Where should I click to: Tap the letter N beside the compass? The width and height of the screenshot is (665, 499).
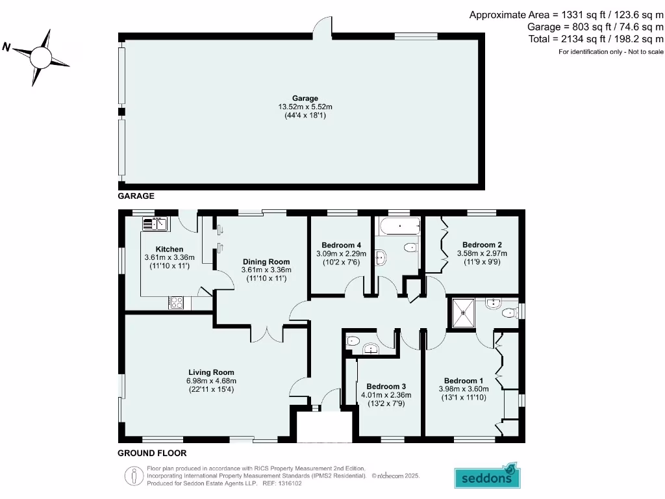[6, 46]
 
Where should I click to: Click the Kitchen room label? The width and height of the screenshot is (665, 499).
[169, 249]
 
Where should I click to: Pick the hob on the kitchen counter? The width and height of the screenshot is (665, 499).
[177, 302]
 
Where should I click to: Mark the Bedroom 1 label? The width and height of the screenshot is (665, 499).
[463, 381]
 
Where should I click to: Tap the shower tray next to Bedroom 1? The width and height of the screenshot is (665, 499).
[464, 313]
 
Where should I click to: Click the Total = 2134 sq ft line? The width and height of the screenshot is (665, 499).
[596, 39]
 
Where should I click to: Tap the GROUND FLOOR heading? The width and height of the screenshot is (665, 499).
[152, 453]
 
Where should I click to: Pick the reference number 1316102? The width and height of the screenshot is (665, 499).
[290, 483]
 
